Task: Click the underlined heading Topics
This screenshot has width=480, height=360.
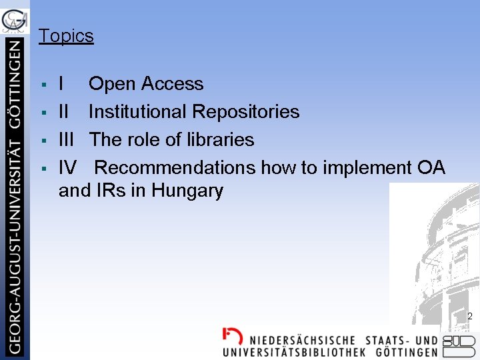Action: (x=66, y=36)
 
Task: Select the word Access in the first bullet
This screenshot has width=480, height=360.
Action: (x=172, y=84)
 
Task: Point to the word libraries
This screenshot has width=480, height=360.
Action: (x=221, y=140)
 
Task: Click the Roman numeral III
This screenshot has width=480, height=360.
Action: (x=66, y=140)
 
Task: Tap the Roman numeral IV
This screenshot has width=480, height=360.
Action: (x=67, y=168)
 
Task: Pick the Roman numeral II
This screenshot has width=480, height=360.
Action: (x=64, y=112)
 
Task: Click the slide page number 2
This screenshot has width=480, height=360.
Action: (x=469, y=317)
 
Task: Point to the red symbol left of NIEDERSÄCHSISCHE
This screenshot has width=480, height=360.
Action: (x=232, y=336)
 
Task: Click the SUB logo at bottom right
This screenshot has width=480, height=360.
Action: (x=460, y=345)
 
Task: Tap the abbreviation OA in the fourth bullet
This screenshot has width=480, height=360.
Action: (x=431, y=168)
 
